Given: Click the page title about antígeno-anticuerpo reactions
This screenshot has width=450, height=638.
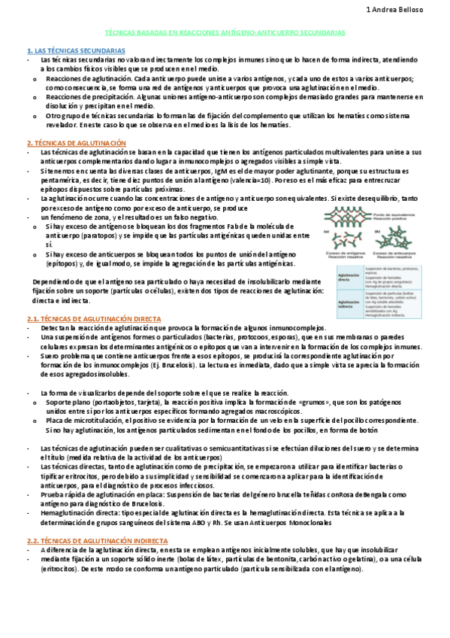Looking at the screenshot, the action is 225,34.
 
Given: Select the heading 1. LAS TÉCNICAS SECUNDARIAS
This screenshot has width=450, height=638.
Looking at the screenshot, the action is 71,49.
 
